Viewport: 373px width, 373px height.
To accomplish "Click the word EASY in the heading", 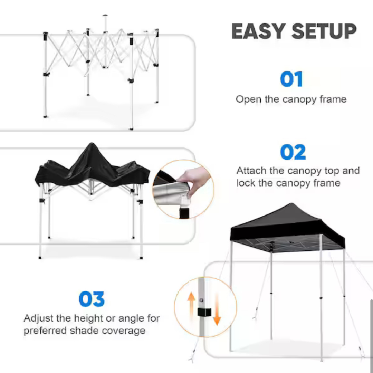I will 259,32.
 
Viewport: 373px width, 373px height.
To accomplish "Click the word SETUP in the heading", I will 324,32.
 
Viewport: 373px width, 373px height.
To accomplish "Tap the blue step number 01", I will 291,79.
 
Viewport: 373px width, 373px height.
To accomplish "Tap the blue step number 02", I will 293,152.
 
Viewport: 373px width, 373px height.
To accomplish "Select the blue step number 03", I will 92,299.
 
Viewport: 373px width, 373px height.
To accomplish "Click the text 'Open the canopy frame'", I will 291,99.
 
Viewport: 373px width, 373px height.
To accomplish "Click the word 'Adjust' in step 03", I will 38,318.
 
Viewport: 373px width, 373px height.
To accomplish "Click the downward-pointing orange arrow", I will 217,309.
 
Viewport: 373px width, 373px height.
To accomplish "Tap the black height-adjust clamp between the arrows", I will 204,312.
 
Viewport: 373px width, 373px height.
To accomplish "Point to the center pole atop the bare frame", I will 105,24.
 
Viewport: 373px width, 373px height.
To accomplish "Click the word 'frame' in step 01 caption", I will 333,99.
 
